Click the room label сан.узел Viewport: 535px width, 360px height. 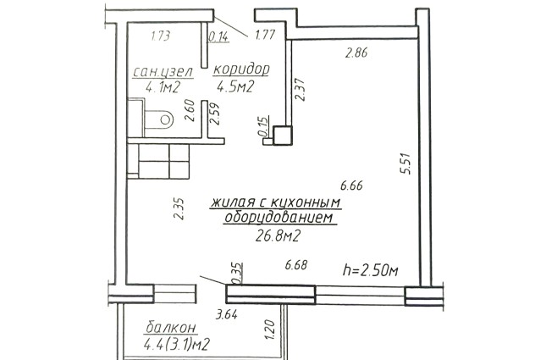click(163, 72)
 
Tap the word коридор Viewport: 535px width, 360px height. click(241, 69)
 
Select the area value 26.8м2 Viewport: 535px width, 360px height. click(278, 235)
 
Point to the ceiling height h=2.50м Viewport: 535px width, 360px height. click(371, 270)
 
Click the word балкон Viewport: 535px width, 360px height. click(171, 327)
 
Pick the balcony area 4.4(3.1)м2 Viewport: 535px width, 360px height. click(176, 344)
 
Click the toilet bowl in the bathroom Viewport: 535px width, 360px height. click(159, 119)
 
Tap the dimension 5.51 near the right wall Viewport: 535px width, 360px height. click(406, 164)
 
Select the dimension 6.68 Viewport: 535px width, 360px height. click(296, 264)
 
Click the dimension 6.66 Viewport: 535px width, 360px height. click(351, 186)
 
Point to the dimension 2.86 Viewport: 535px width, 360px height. click(356, 53)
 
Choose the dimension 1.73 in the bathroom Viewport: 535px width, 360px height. click(160, 36)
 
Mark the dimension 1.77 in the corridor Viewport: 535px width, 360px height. click(265, 35)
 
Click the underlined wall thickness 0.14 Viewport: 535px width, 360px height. click(218, 36)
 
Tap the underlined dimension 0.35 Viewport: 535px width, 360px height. click(237, 273)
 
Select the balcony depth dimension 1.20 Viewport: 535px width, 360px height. click(270, 330)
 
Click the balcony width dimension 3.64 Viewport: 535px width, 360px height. click(227, 314)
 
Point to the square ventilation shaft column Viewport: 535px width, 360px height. click(283, 136)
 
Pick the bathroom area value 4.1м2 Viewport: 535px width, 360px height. click(163, 87)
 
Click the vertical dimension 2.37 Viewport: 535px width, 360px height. click(300, 90)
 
